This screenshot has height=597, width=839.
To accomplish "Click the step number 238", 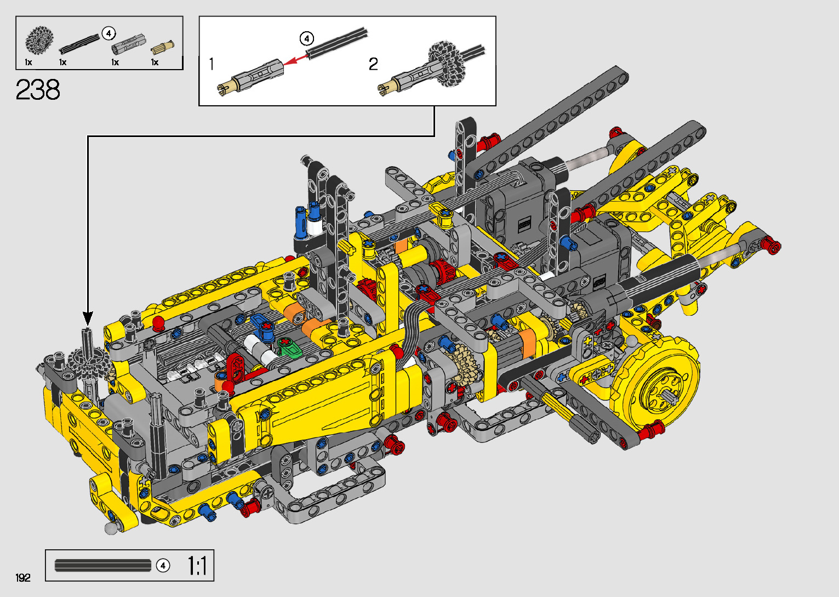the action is tap(37, 89).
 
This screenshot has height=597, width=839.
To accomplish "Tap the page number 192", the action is tap(23, 577).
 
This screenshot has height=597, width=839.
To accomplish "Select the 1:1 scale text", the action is tap(197, 566).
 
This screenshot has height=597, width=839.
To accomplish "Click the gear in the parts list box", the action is tap(39, 39).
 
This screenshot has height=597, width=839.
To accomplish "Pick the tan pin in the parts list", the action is tap(163, 47).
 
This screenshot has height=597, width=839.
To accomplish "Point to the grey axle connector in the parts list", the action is tap(128, 44).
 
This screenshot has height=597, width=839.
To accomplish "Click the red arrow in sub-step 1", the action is tap(296, 60).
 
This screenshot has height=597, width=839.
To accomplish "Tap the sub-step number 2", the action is tap(373, 64).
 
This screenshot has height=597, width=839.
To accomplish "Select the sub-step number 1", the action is tap(212, 64).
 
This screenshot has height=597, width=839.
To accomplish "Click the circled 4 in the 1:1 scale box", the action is tap(163, 566).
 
